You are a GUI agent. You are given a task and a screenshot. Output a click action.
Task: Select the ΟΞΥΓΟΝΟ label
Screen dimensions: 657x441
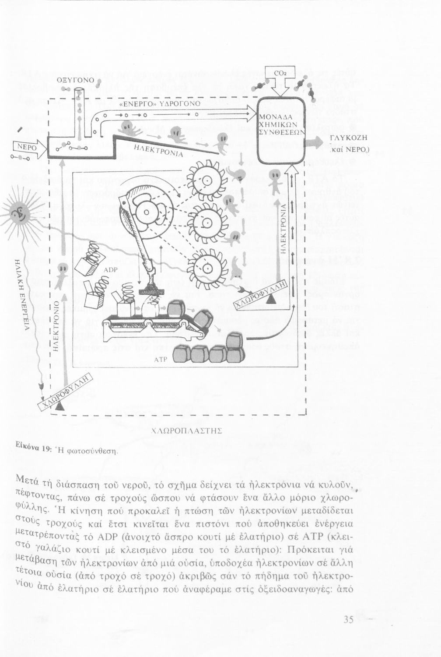(76, 80)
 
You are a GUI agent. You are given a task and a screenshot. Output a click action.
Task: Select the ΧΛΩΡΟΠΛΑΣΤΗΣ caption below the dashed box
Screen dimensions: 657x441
(186, 431)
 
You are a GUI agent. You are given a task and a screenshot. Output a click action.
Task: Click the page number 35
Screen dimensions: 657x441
(349, 620)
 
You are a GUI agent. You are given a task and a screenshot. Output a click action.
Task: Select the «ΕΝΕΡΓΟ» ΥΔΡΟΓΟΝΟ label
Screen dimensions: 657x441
(160, 104)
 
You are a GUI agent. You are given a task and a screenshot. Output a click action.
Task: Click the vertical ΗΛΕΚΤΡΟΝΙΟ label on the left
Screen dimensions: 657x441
(56, 326)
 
